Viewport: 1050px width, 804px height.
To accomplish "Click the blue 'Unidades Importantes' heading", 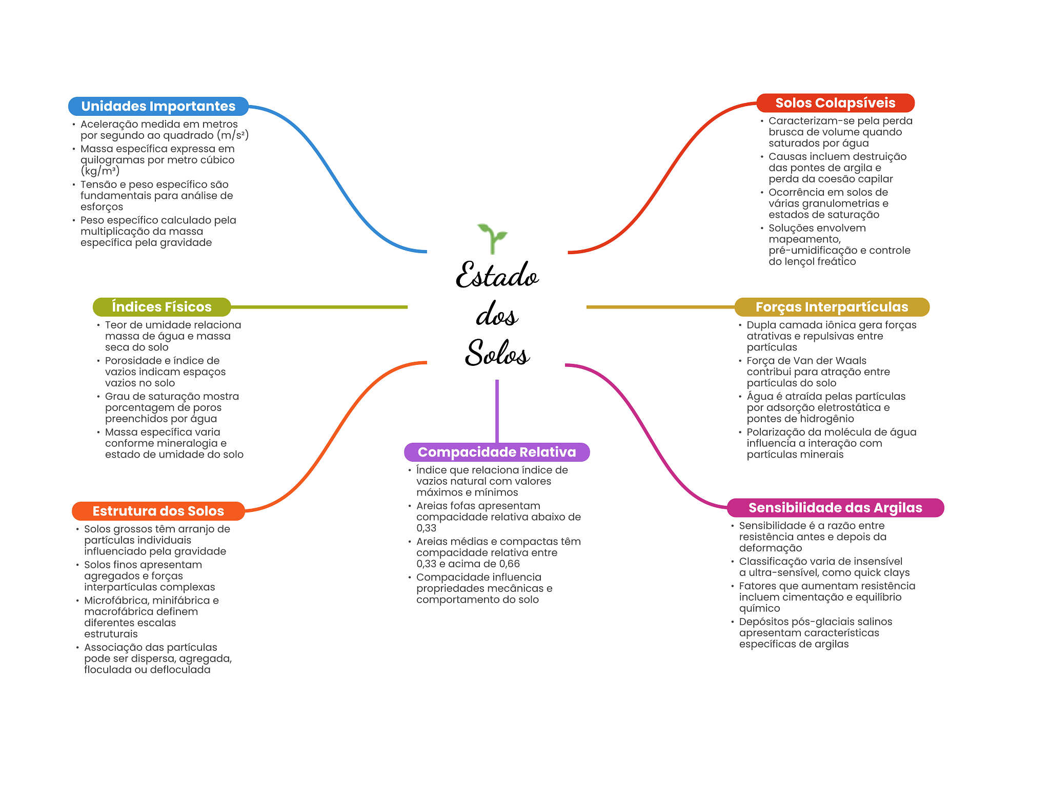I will tap(158, 106).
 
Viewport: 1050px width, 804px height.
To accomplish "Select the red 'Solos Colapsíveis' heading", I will tap(835, 103).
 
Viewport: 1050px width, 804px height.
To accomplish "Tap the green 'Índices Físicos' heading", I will tap(161, 307).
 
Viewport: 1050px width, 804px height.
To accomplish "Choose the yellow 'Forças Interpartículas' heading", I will tap(832, 307).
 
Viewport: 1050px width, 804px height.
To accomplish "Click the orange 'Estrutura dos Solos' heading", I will tap(158, 511).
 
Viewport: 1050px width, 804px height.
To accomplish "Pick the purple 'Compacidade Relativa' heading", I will tap(497, 452).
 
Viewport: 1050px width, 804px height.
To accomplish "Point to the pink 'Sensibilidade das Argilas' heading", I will tap(835, 508).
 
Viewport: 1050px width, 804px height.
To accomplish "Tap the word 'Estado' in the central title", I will tap(497, 275).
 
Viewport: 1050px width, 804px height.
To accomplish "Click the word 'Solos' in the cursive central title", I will tap(497, 353).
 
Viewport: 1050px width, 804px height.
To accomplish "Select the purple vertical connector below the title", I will tap(497, 410).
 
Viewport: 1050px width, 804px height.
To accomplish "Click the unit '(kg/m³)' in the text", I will tap(100, 171).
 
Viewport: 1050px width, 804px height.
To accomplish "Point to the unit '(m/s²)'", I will tap(233, 135).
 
